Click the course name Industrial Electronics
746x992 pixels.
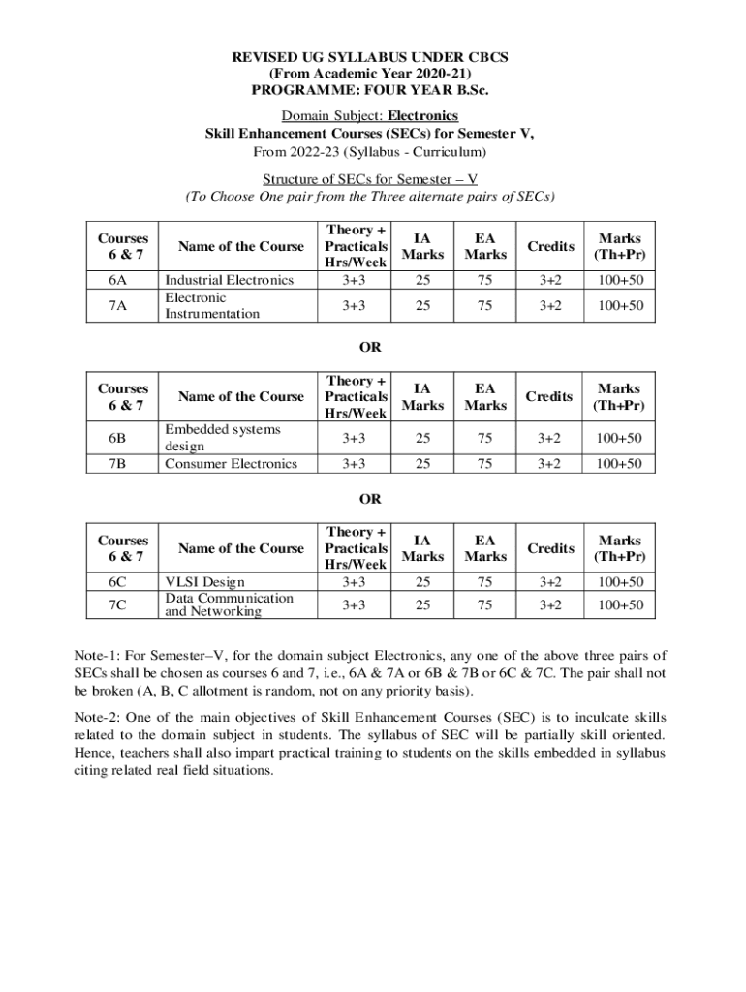[x=229, y=280]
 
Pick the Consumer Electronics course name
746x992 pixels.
[x=231, y=464]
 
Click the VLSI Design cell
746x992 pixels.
[x=205, y=582]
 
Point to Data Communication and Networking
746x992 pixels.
[x=229, y=604]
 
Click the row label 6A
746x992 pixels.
[x=118, y=280]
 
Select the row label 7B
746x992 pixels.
[x=118, y=464]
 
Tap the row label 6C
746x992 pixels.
[x=118, y=582]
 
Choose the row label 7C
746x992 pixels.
[x=118, y=604]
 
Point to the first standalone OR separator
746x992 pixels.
[x=370, y=347]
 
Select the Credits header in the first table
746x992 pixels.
[x=550, y=247]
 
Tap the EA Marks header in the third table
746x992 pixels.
[x=485, y=548]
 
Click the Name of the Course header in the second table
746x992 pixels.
[x=240, y=396]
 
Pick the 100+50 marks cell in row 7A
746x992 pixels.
[x=619, y=306]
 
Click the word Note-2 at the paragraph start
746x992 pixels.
[x=101, y=719]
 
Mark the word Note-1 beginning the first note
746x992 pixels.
[x=101, y=657]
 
